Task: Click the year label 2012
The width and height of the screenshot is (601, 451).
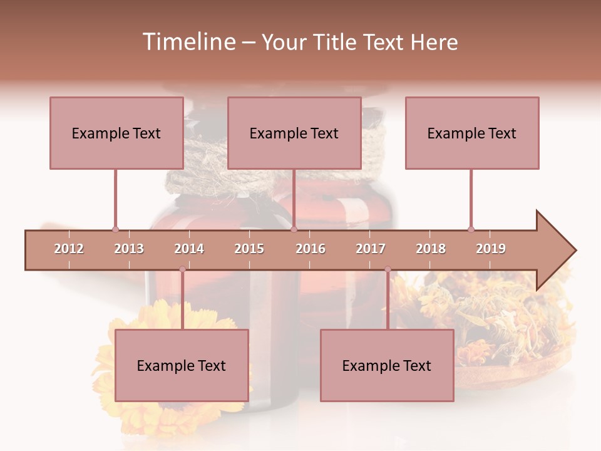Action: tap(69, 249)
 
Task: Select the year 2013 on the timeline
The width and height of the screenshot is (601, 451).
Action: tap(129, 249)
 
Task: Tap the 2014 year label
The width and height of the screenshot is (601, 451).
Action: tap(189, 249)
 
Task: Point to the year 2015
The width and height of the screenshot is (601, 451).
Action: tap(249, 249)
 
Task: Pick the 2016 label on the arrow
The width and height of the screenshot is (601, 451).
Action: tap(311, 249)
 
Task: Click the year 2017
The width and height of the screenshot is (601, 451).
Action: tap(371, 249)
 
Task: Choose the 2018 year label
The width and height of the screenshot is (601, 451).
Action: tap(431, 249)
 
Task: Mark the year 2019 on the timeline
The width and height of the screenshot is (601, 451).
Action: tap(491, 249)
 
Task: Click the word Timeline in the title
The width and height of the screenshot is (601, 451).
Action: tap(188, 42)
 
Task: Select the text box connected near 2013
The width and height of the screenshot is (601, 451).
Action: tap(116, 133)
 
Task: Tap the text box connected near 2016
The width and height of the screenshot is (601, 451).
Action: tap(294, 133)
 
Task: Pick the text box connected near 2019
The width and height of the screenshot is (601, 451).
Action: tap(472, 133)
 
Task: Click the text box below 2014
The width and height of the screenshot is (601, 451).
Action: tap(182, 365)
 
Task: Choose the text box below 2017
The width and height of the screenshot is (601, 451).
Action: tap(387, 365)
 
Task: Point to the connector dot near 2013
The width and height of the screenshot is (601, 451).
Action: tap(115, 229)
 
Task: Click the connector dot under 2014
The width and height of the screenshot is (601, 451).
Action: tap(182, 269)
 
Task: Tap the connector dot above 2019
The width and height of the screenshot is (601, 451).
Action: tap(471, 229)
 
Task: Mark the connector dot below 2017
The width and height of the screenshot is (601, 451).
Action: tap(388, 269)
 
